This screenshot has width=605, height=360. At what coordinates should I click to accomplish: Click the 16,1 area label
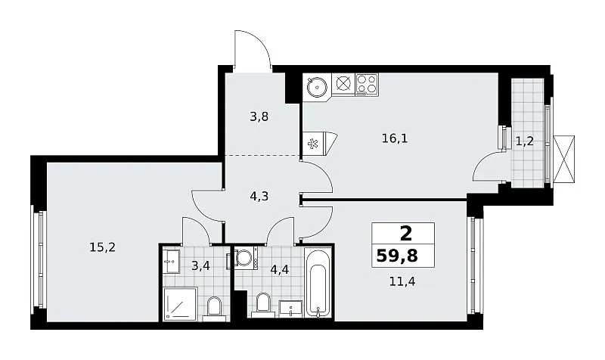[x=395, y=138]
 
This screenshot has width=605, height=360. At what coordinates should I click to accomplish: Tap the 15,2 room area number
[x=102, y=247]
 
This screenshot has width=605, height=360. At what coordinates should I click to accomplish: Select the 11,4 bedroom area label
[x=402, y=281]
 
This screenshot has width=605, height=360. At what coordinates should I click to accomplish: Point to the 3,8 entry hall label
[x=259, y=116]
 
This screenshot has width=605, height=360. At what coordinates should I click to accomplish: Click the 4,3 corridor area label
[x=259, y=197]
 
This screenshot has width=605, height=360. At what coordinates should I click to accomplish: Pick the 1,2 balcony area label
[x=525, y=141]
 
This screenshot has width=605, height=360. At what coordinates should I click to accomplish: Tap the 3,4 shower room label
[x=200, y=265]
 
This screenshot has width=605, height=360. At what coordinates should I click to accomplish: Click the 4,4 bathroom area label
[x=280, y=269]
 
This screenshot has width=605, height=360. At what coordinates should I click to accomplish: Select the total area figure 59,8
[x=397, y=256]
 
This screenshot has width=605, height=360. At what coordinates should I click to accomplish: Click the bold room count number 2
[x=405, y=234]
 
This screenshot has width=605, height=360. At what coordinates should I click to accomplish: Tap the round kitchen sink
[x=317, y=87]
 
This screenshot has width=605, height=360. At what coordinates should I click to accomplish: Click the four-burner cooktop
[x=367, y=85]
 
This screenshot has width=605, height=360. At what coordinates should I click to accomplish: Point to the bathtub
[x=318, y=282]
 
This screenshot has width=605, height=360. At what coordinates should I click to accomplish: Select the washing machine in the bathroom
[x=244, y=258]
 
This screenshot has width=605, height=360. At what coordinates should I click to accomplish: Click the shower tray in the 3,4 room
[x=181, y=303]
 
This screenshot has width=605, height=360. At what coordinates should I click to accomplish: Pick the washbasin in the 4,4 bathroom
[x=290, y=309]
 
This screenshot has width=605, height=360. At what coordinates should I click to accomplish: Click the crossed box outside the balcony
[x=563, y=159]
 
